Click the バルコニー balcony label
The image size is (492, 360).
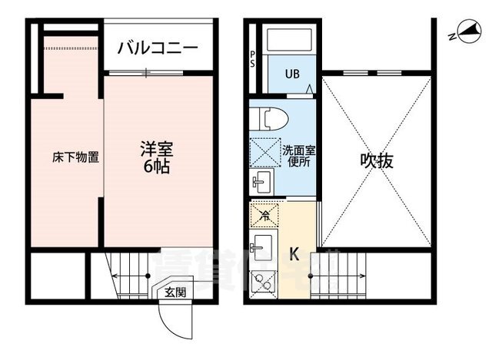click(158, 48)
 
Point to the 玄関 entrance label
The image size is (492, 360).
click(175, 292)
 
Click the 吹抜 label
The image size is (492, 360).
click(377, 162)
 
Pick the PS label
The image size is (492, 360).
click(254, 59)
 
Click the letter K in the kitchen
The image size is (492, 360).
click(294, 254)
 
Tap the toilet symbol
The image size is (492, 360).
click(271, 118)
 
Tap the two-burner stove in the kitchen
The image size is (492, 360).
click(262, 285)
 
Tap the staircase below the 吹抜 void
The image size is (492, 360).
click(346, 273)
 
